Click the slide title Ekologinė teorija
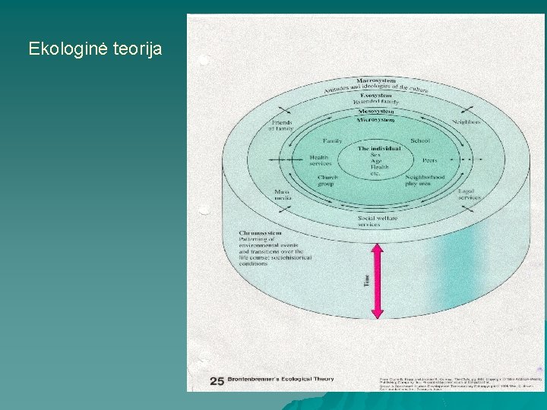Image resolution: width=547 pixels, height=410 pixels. click(x=95, y=49)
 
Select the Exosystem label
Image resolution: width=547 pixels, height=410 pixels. click(x=375, y=95)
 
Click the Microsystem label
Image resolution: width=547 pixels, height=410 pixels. click(x=375, y=120)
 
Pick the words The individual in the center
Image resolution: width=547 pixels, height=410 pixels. click(x=379, y=148)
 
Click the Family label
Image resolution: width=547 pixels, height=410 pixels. click(x=332, y=141)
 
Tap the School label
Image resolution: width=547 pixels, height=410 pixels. click(x=419, y=140)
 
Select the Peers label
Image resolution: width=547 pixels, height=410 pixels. click(x=429, y=160)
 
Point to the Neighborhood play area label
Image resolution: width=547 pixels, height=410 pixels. click(x=423, y=180)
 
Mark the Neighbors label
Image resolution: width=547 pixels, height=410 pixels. click(x=466, y=122)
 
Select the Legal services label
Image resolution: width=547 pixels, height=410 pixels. click(x=469, y=194)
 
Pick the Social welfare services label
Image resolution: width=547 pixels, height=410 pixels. click(x=377, y=222)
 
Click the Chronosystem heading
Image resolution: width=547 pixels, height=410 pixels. click(x=260, y=232)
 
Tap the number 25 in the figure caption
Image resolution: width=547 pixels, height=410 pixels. click(x=217, y=380)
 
